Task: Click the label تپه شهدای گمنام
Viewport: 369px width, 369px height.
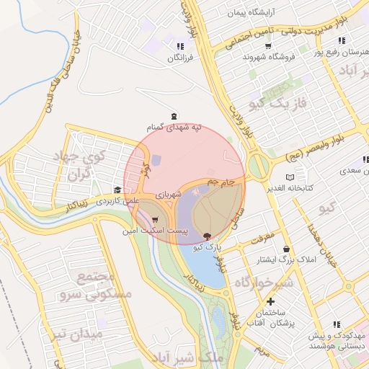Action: [174, 127]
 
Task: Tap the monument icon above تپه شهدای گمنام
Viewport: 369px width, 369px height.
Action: [173, 116]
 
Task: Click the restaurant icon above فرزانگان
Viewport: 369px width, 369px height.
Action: [179, 47]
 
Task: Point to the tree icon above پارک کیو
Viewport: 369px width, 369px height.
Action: [208, 236]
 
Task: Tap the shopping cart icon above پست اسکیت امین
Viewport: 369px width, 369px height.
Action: [155, 220]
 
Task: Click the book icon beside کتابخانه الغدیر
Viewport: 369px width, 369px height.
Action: [290, 177]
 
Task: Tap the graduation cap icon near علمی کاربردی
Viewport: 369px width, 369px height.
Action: [117, 190]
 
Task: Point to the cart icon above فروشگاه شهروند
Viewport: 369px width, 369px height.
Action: [268, 45]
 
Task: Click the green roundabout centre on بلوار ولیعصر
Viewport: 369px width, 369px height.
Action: [259, 166]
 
